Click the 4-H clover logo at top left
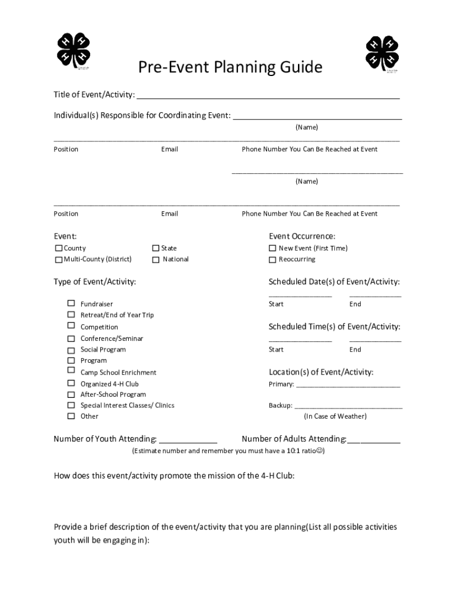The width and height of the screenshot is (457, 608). point(73,49)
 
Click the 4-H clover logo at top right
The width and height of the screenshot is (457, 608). point(382,53)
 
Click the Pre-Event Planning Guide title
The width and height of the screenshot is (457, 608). point(230,68)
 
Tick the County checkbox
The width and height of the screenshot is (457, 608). point(59,248)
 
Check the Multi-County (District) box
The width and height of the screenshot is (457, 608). point(59,259)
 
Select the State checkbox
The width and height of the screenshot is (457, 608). point(156,248)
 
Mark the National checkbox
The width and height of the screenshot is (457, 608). point(156,259)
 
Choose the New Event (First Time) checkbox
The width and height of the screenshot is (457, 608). point(272,248)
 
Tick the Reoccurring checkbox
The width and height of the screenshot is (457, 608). point(272,259)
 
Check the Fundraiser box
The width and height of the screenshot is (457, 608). point(71,303)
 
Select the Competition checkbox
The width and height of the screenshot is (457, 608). point(71,326)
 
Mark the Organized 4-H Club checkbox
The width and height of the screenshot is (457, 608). point(71,384)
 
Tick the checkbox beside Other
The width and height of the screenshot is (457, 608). point(71,416)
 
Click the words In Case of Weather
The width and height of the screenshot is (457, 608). point(335,416)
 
